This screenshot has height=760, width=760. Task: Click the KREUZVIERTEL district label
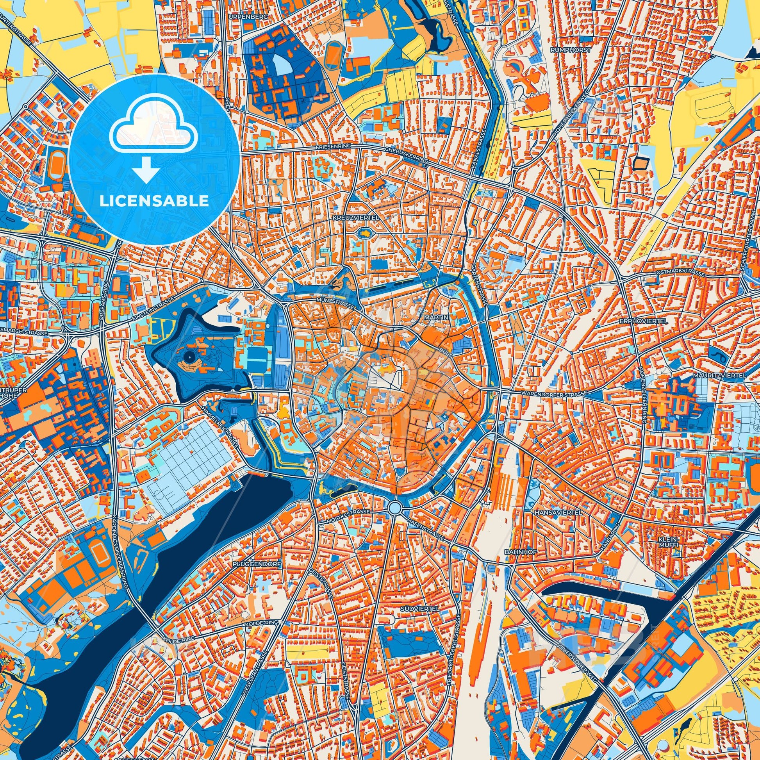pos(355,217)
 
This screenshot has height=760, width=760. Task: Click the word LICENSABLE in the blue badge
pos(154,200)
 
